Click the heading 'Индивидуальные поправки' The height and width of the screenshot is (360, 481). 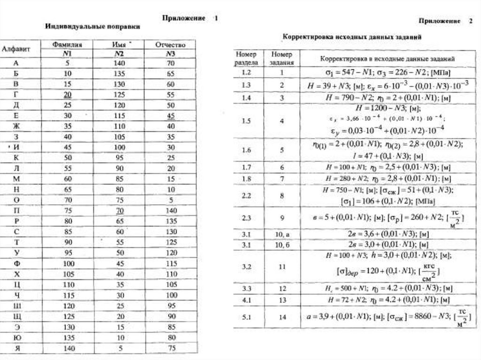coord(93,27)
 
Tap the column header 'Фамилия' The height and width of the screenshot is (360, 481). coord(68,45)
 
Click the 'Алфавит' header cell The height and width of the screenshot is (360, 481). coord(17,49)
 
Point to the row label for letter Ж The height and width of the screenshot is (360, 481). coord(16,127)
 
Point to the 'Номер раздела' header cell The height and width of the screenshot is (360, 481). coord(247,57)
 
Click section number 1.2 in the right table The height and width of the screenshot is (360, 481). coord(247,73)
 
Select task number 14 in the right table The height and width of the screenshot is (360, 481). coord(282,317)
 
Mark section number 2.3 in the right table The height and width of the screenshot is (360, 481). coord(247,218)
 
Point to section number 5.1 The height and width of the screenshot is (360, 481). coord(247,317)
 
